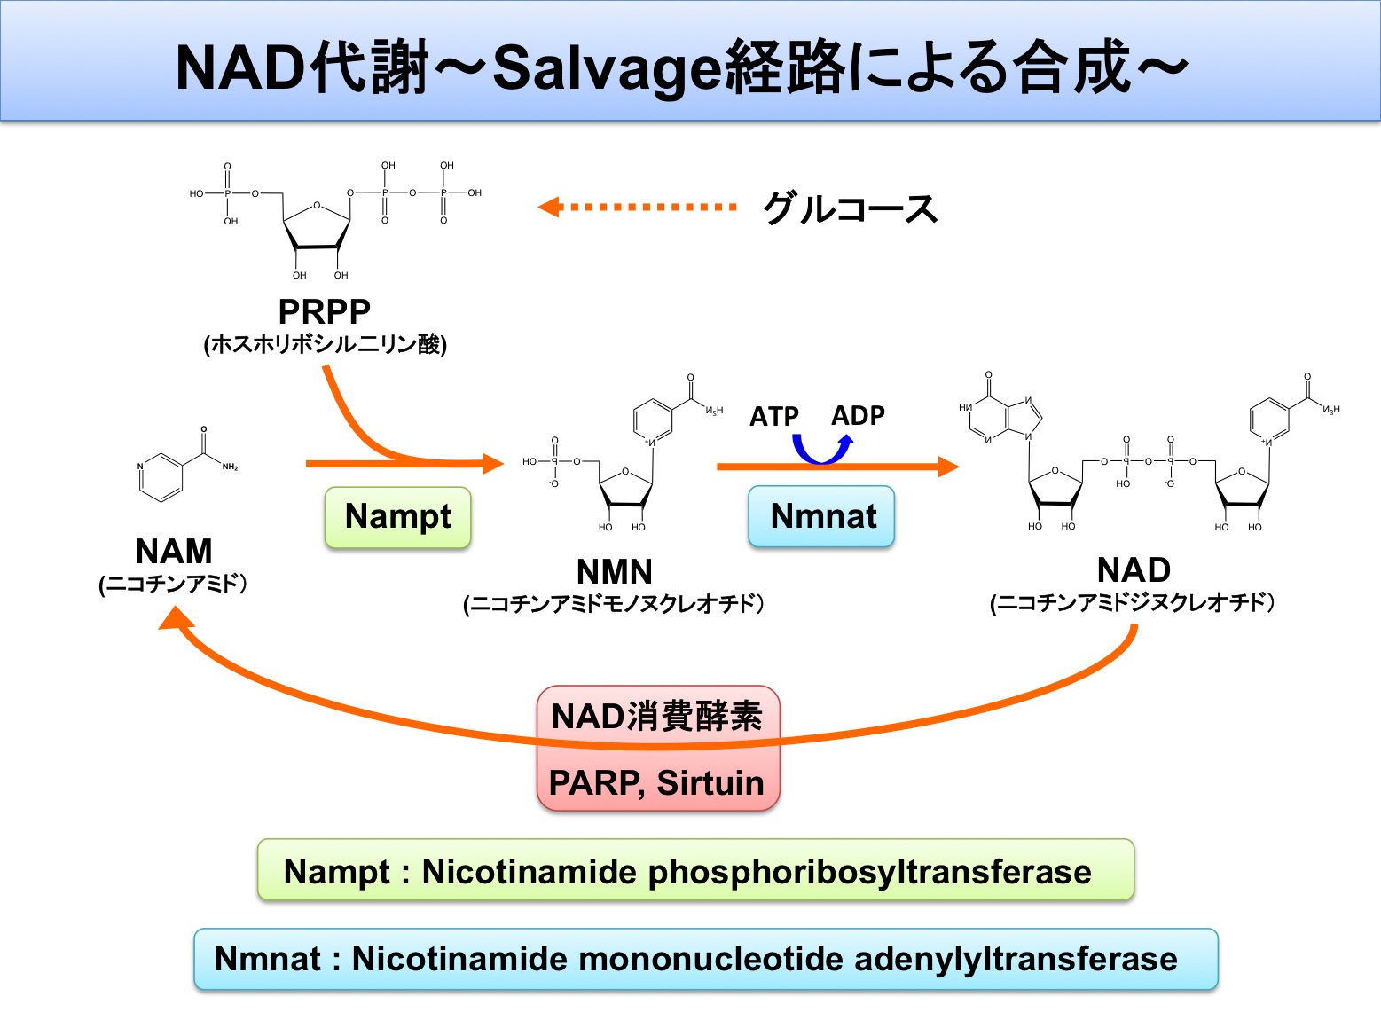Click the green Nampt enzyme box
[x=397, y=517]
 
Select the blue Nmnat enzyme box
[x=822, y=517]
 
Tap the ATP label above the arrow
[x=773, y=416]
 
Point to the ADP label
[x=858, y=415]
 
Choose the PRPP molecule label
[x=324, y=311]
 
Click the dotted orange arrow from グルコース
[x=637, y=207]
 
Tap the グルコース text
[x=850, y=209]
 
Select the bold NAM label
[x=174, y=552]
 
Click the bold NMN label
[x=614, y=571]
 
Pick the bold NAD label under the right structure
[x=1134, y=569]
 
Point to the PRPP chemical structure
[x=334, y=217]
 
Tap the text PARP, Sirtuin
[x=656, y=783]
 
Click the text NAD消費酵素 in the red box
[x=656, y=716]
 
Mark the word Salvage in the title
[x=608, y=67]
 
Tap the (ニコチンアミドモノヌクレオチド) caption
[x=614, y=604]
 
